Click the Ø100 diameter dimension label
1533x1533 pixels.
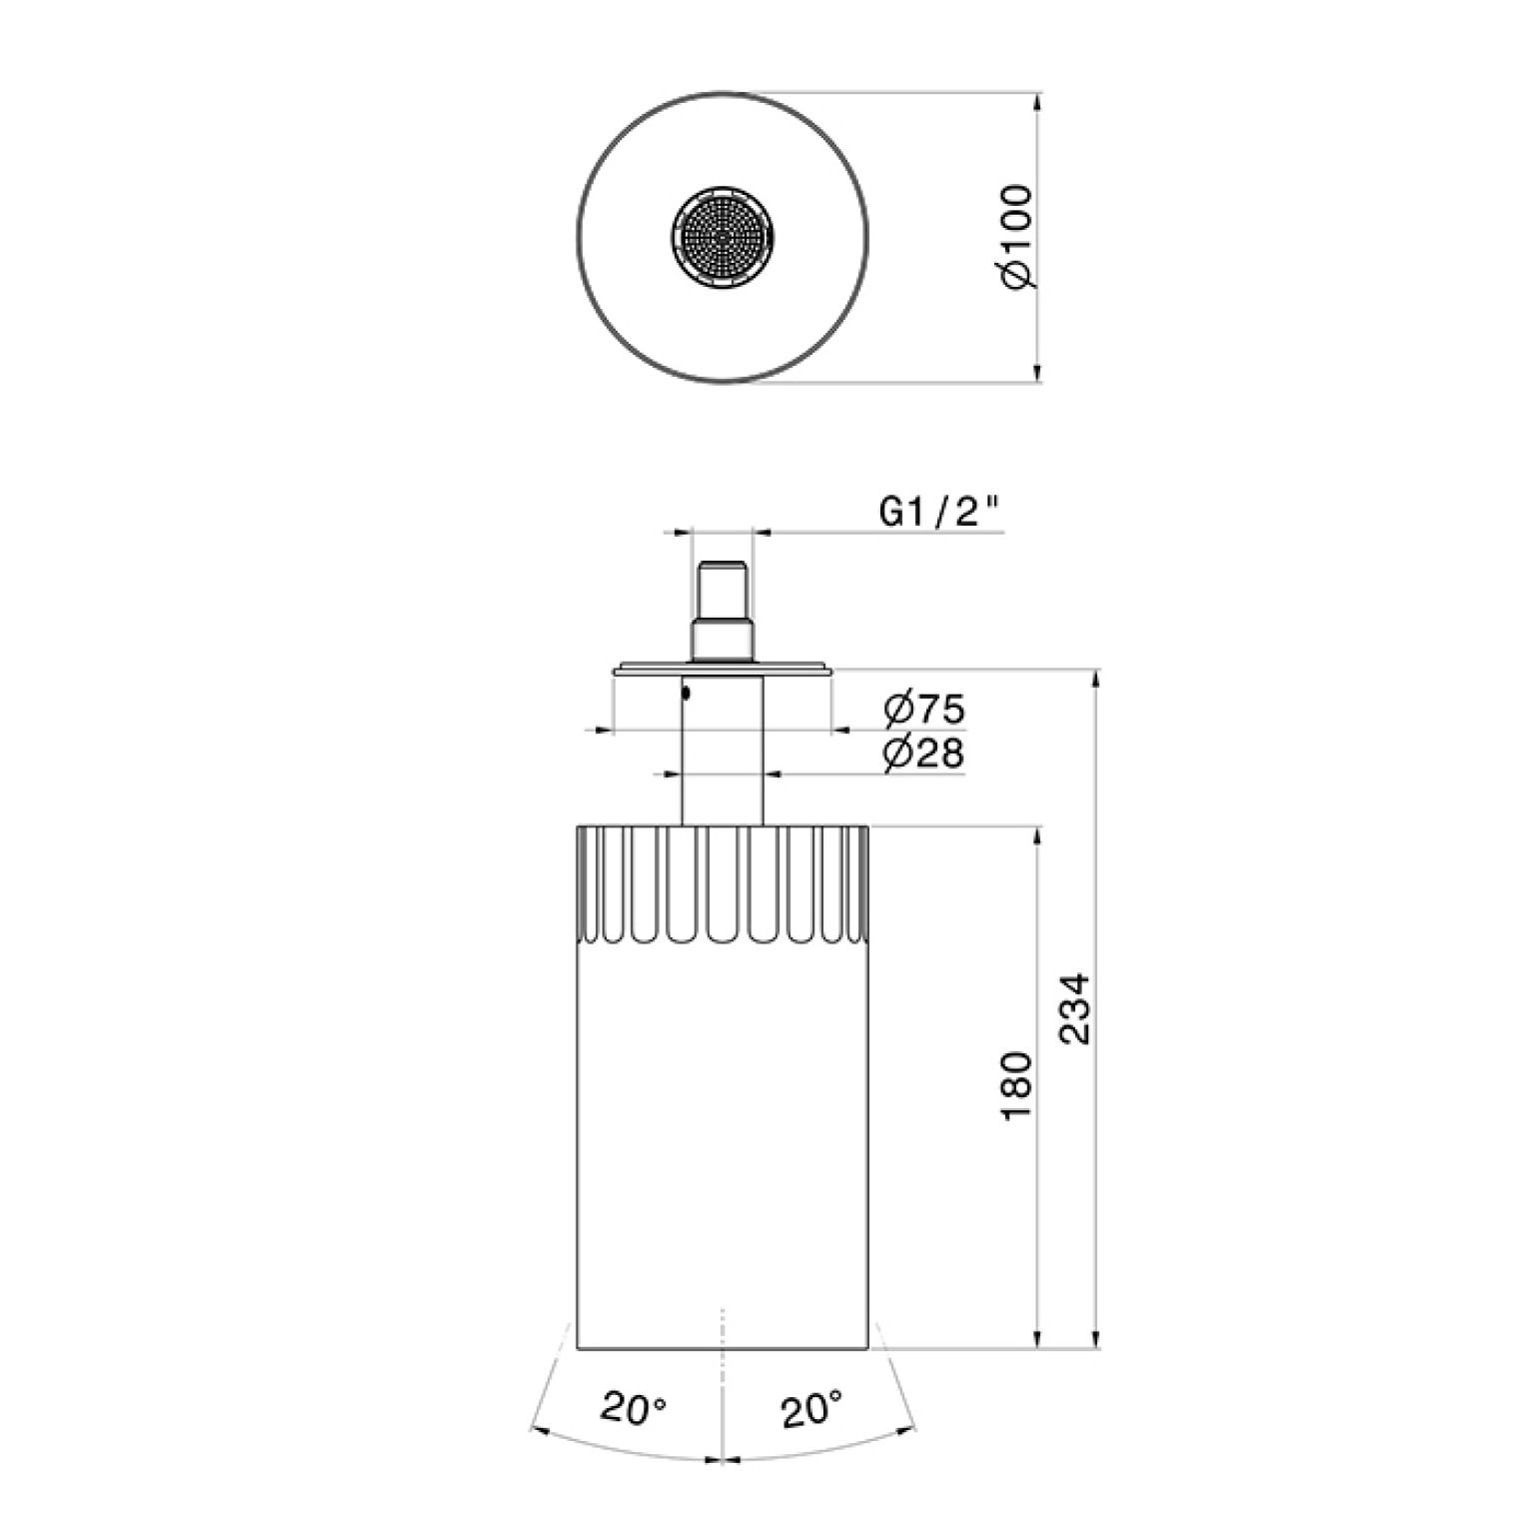click(1017, 236)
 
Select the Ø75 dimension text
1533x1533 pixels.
click(924, 710)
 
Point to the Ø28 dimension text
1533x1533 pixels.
click(924, 753)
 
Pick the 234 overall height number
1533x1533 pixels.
click(1075, 1009)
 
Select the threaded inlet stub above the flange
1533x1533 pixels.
click(722, 611)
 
